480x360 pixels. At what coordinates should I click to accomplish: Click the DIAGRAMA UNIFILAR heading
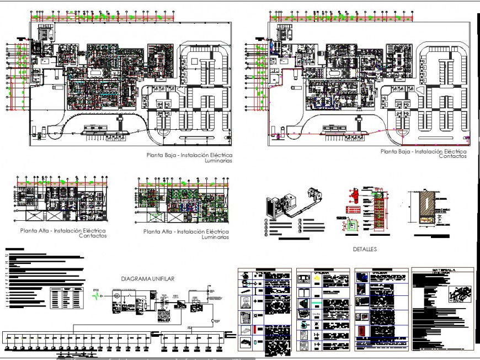click(x=147, y=279)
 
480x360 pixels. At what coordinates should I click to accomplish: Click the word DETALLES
click(x=364, y=250)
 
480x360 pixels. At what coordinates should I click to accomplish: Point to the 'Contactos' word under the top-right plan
click(x=452, y=157)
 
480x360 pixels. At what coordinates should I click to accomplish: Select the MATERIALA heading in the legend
click(x=442, y=271)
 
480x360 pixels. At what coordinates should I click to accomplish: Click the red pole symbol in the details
click(x=354, y=197)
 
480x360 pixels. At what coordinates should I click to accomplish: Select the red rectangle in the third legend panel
click(x=362, y=331)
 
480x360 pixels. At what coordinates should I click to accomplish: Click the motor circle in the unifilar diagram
click(x=116, y=297)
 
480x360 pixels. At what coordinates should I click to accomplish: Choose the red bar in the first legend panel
click(x=244, y=330)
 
